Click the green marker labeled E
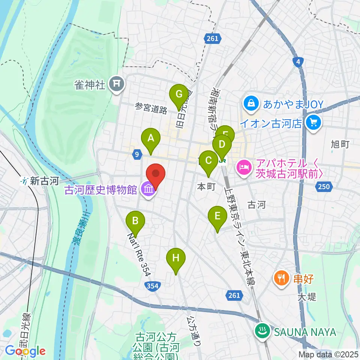(217, 217)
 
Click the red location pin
(156, 175)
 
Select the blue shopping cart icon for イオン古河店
(313, 123)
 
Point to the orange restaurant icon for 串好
(281, 278)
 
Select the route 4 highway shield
(298, 62)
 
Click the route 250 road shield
(324, 186)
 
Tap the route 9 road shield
(137, 153)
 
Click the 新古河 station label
(40, 181)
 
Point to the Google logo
(25, 351)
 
